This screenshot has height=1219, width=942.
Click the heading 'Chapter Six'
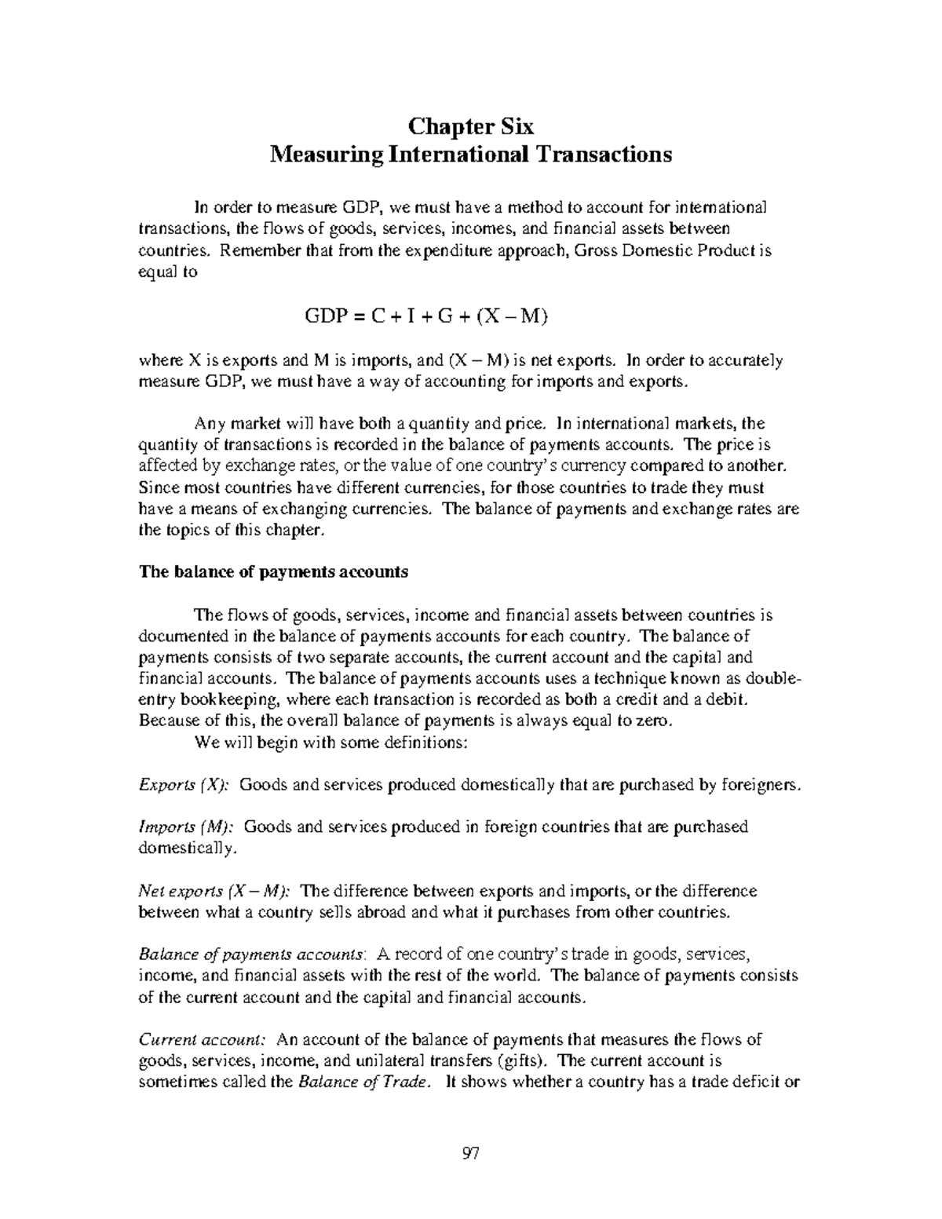tap(471, 126)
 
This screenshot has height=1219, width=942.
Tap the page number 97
tap(471, 1153)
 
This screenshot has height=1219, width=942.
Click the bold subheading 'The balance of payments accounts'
tap(273, 571)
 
